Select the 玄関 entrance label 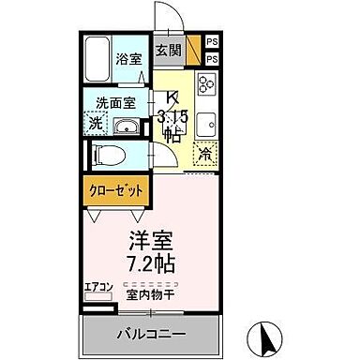[x=168, y=50]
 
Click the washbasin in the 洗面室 [x=127, y=127]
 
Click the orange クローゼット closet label [x=116, y=190]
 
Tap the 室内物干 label [x=150, y=298]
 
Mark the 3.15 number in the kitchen [x=173, y=115]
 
